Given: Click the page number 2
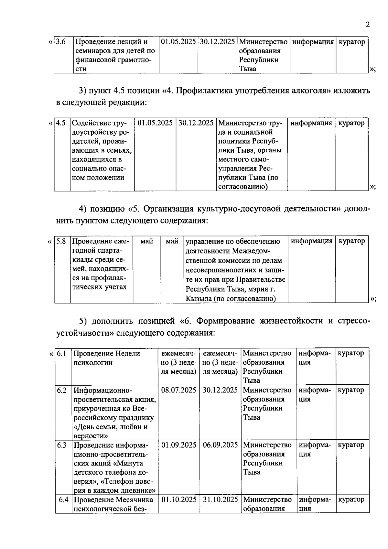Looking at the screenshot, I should point(367,25).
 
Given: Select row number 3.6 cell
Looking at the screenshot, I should point(61,42).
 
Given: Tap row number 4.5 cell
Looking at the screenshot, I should point(61,123).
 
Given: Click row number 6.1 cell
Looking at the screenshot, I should point(61,353).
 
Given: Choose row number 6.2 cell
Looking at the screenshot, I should point(61,390).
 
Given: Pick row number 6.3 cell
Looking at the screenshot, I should point(61,445).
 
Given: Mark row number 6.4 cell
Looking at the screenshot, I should point(63,500).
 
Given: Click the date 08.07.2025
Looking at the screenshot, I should point(179,390).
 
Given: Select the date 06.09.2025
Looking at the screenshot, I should point(220,445).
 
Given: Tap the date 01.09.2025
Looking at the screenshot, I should point(179,445).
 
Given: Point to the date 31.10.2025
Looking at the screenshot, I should point(221,500).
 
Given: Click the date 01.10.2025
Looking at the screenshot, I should point(179,500).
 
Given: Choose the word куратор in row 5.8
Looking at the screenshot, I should point(351,241).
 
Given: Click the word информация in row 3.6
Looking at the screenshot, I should point(313,42).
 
